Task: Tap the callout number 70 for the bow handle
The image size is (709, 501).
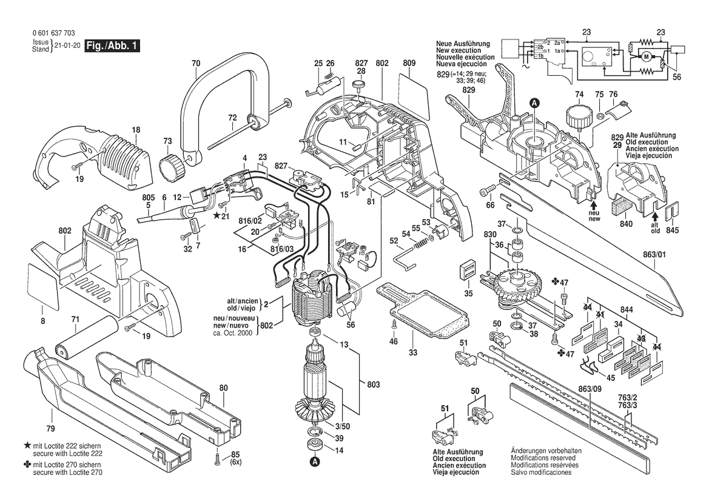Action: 195,63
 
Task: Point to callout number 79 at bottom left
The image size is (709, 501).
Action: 51,412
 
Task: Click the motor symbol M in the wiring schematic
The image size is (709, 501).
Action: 646,57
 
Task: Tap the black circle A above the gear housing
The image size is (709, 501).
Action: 534,103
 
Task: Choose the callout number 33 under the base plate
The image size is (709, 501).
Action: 413,352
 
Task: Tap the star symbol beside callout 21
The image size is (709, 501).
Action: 217,215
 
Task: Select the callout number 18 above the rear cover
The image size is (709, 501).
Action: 136,129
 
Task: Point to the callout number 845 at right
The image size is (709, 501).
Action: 672,231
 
